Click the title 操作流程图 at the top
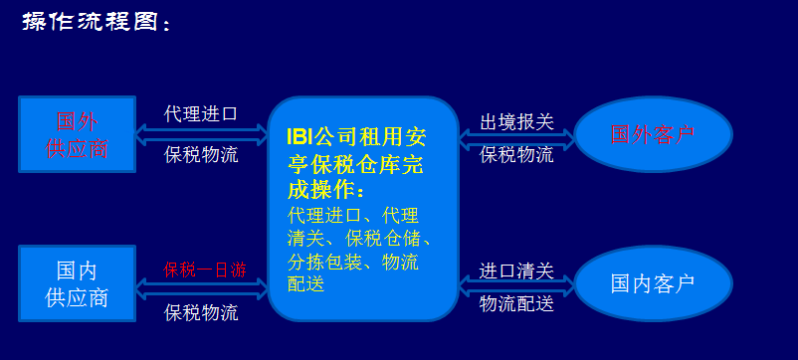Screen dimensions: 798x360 (x=91, y=21)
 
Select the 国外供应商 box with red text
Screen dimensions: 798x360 (x=77, y=134)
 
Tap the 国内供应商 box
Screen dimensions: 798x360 (x=77, y=283)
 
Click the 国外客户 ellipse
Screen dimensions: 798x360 (x=653, y=134)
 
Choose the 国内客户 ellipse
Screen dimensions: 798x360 (x=653, y=283)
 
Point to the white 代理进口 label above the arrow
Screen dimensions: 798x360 (x=201, y=113)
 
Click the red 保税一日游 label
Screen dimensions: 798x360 (x=205, y=270)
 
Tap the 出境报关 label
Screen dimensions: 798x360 (x=516, y=122)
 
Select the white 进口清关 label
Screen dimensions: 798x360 (x=516, y=270)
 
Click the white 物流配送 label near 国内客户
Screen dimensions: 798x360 (x=516, y=303)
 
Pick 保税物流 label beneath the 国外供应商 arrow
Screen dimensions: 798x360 (x=201, y=154)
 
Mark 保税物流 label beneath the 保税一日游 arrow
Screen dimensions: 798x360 (x=201, y=312)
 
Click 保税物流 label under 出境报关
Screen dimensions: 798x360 (x=516, y=154)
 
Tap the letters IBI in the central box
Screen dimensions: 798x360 (x=299, y=137)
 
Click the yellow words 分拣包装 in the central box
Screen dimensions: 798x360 (x=324, y=263)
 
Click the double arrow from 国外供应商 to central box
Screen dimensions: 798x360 (x=202, y=134)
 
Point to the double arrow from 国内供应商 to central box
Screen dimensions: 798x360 (x=202, y=288)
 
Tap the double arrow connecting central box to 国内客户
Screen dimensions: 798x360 (x=516, y=286)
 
